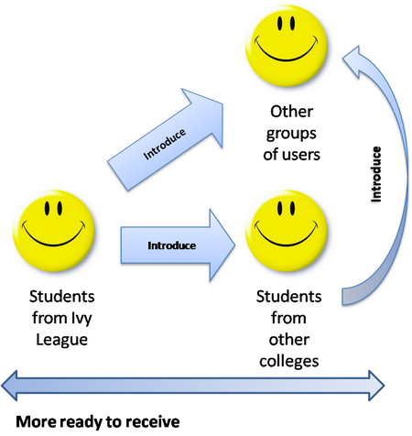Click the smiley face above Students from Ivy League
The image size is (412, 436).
click(x=54, y=231)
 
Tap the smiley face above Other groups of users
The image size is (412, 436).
click(x=287, y=46)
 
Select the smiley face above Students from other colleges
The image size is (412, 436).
click(x=287, y=231)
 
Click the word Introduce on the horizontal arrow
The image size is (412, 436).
click(x=172, y=245)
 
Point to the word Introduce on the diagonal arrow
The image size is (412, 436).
click(x=165, y=144)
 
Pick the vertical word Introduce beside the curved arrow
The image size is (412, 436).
click(x=376, y=174)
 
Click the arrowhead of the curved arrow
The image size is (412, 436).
click(x=354, y=61)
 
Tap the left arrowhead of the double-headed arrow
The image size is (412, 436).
click(x=9, y=386)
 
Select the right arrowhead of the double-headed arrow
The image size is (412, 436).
click(x=376, y=386)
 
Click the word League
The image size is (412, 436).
click(x=62, y=340)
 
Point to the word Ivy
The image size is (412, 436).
click(x=81, y=319)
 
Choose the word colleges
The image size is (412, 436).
click(x=289, y=362)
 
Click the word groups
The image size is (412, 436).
click(x=291, y=135)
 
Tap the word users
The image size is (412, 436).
click(x=302, y=155)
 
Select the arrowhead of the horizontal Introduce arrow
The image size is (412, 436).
click(x=222, y=245)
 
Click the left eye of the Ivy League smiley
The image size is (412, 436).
click(x=47, y=208)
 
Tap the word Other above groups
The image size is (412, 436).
click(x=291, y=112)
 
